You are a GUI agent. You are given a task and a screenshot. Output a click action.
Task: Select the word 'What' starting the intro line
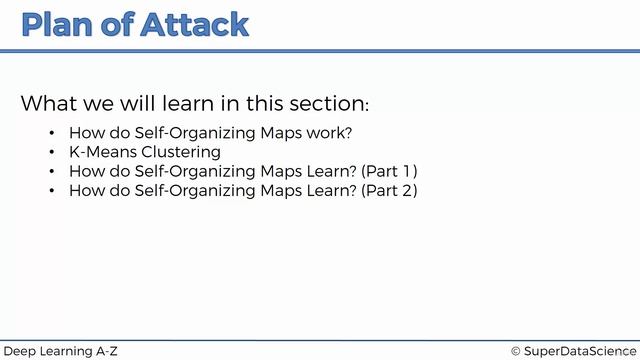[x=49, y=104]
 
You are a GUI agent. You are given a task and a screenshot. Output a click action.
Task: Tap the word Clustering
[x=185, y=152]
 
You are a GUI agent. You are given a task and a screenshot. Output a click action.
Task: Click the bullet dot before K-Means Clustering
[x=52, y=152]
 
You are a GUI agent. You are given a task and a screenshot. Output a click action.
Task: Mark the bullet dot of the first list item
[x=52, y=133]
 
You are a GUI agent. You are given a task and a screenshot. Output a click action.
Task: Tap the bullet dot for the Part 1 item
[x=52, y=171]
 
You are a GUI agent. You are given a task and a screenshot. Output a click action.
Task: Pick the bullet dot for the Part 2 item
[x=52, y=190]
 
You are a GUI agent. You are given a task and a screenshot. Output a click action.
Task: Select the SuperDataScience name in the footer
[x=579, y=351]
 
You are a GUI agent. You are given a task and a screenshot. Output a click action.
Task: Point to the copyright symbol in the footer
[x=515, y=351]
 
